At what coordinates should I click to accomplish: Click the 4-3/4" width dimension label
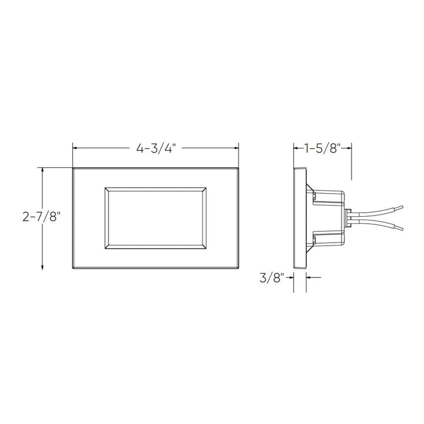pyautogui.click(x=155, y=148)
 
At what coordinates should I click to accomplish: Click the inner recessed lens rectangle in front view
pyautogui.click(x=155, y=218)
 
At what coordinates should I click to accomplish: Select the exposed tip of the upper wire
pyautogui.click(x=400, y=207)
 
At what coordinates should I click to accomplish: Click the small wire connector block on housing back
pyautogui.click(x=349, y=218)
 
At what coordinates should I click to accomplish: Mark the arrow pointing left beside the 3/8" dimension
pyautogui.click(x=312, y=277)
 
